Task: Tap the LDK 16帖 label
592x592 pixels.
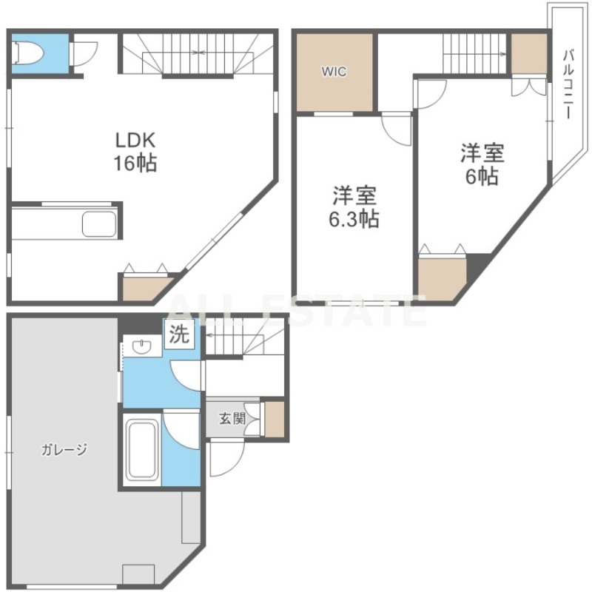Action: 135,152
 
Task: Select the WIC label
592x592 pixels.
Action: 334,71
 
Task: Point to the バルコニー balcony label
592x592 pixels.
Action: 568,84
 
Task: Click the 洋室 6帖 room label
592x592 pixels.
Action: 482,164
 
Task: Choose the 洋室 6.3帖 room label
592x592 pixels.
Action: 354,207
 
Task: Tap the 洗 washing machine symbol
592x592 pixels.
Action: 179,334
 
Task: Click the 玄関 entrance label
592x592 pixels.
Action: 232,418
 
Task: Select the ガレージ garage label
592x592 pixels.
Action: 64,449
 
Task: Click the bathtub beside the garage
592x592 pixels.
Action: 141,450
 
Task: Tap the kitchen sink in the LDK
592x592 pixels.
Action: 100,223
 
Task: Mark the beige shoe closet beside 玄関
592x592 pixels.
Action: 275,419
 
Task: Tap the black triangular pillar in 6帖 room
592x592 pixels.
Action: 476,264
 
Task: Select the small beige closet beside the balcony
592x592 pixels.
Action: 529,53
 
